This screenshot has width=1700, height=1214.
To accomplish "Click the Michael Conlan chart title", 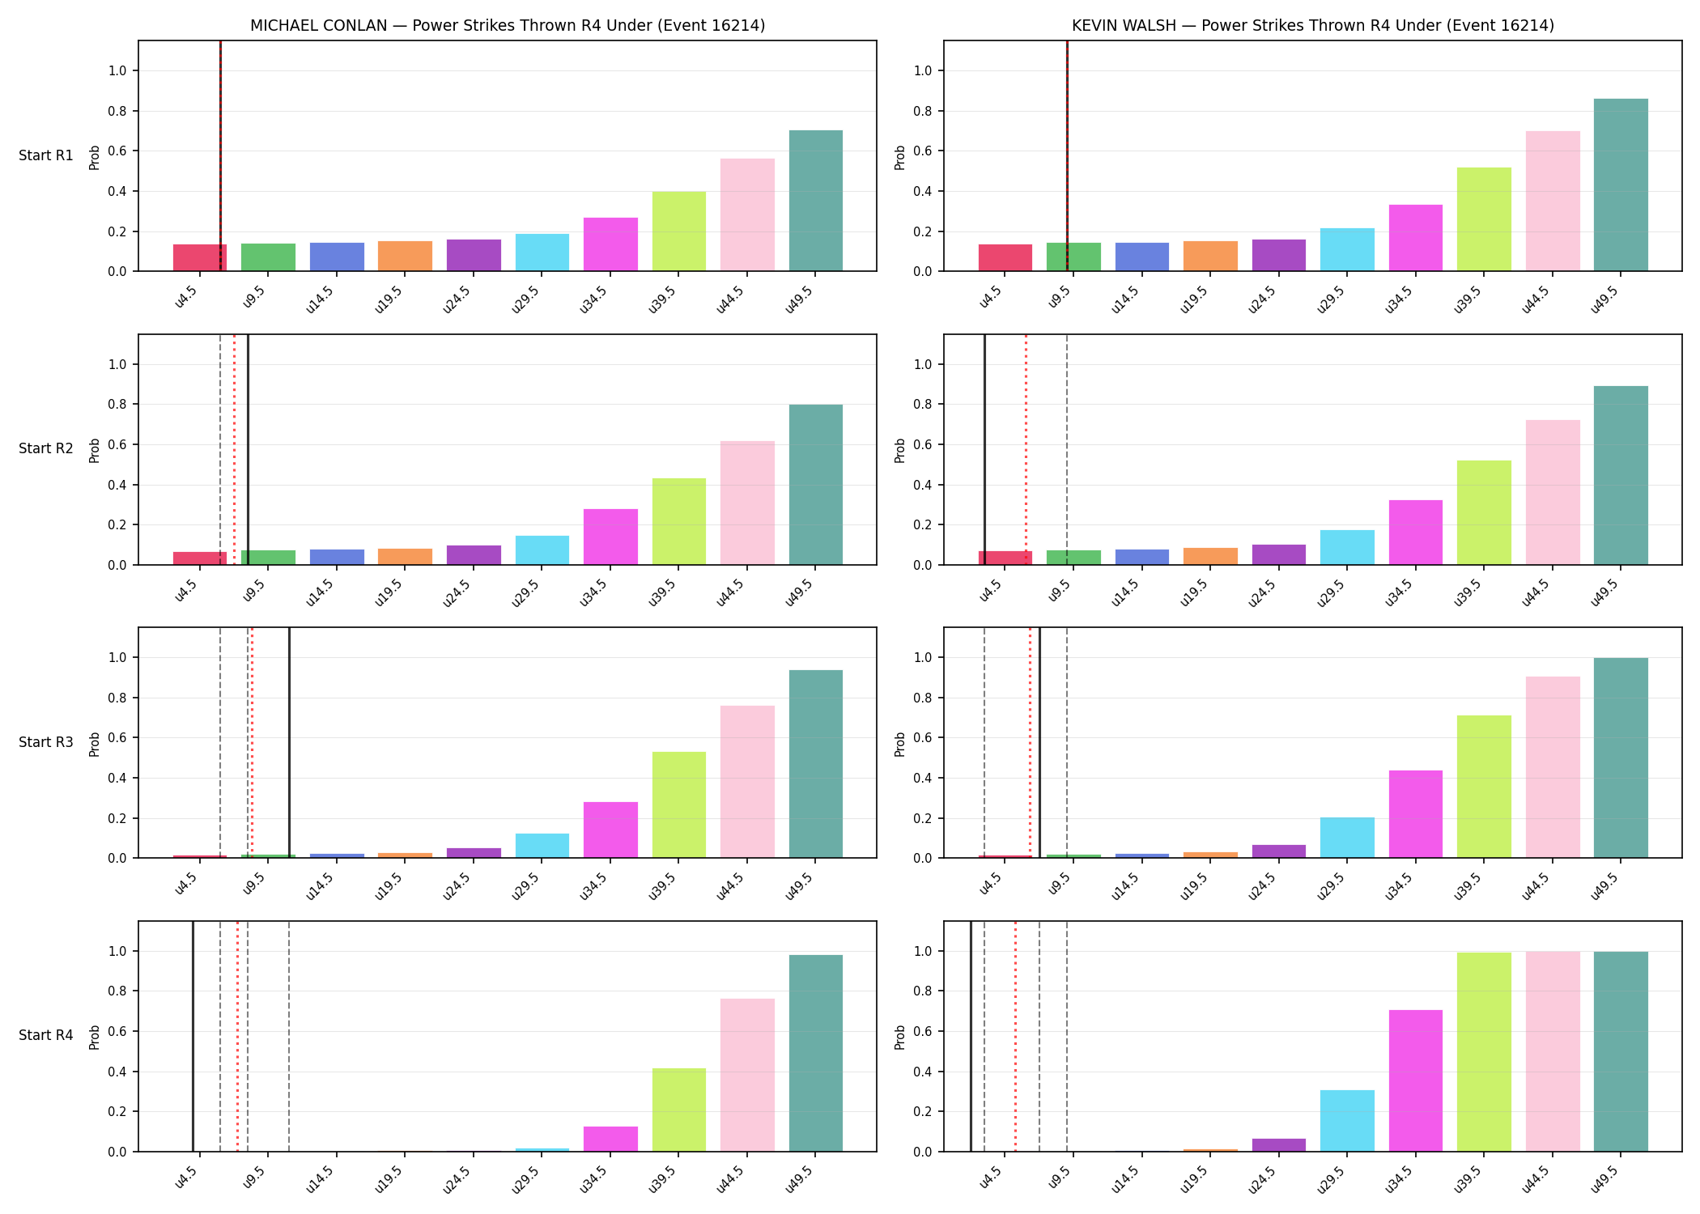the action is [508, 25].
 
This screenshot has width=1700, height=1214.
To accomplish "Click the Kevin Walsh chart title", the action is [1313, 25].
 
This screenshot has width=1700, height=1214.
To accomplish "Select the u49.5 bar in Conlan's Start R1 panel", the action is [816, 201].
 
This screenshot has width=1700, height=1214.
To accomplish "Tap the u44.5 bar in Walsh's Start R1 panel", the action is [1553, 201].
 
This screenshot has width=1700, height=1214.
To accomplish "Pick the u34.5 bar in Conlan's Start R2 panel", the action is [610, 537].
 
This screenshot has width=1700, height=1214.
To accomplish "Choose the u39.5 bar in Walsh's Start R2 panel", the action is [1484, 512].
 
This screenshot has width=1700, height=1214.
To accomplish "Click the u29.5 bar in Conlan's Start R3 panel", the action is [542, 846].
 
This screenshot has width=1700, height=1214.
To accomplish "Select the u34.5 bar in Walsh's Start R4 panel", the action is [1416, 1080].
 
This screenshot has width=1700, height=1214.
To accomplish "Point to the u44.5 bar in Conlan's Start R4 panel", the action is [747, 1075].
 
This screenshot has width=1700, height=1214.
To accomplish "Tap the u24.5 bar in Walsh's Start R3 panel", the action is [1279, 851].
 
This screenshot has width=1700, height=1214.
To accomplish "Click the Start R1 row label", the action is [46, 155].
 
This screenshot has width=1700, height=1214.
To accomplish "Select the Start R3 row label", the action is [46, 742].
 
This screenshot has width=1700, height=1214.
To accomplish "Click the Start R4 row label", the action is [46, 1035].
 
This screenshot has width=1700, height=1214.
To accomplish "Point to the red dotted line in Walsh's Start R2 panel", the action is [1026, 449].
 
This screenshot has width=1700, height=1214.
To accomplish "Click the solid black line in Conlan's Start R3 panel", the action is [289, 743].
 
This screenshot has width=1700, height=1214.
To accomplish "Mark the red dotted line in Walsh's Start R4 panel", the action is [1015, 1036].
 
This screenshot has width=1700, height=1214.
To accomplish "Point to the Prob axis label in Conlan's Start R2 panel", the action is [95, 450].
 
